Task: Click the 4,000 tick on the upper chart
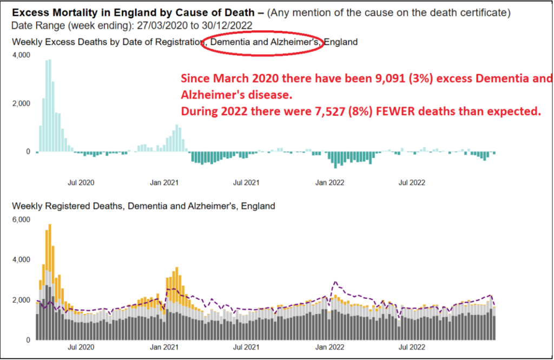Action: point(22,55)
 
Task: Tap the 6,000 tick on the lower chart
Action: point(22,219)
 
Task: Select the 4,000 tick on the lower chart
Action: point(22,259)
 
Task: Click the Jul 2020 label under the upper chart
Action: point(81,182)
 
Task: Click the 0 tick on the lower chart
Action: point(28,339)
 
